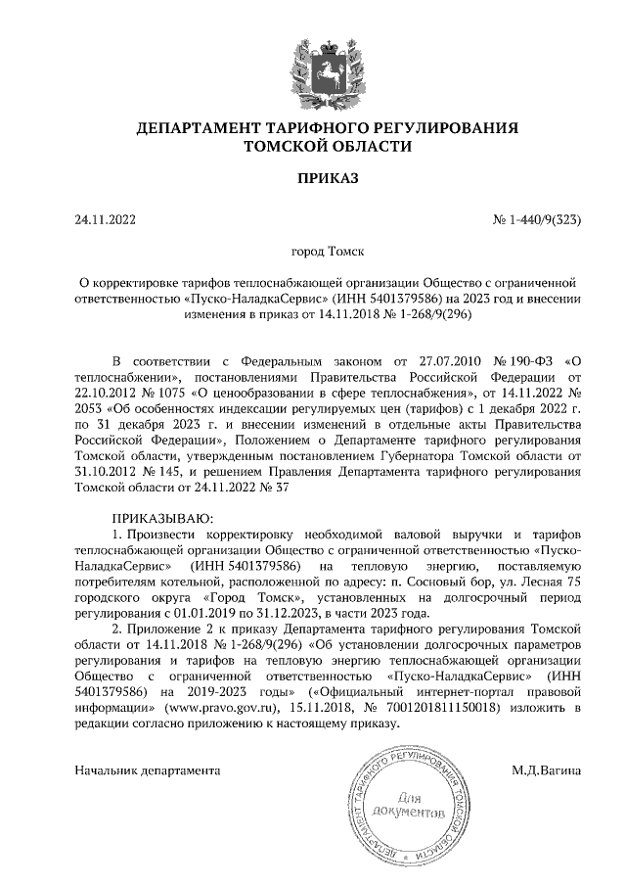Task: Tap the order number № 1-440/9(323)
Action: (x=537, y=220)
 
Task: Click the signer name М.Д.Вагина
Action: (x=546, y=770)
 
